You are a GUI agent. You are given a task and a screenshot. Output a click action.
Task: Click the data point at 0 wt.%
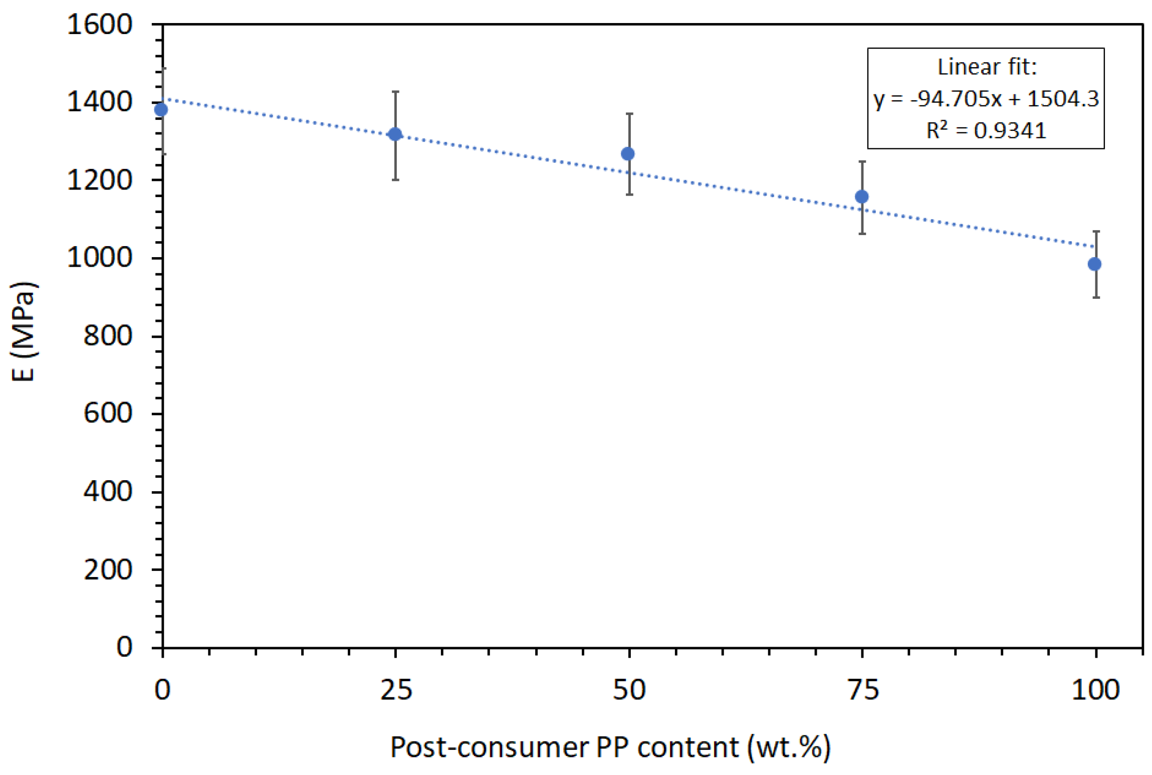point(161,110)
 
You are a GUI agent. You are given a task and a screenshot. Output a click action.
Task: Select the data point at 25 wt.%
point(395,134)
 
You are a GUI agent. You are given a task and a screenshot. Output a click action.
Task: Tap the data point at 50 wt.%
point(627,154)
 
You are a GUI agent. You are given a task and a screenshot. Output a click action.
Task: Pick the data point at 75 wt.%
point(861,197)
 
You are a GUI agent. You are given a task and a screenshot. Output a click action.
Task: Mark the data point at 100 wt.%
point(1094,264)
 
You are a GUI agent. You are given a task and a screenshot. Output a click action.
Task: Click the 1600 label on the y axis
point(99,24)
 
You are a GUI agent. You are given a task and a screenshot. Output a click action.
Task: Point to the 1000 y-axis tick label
point(99,258)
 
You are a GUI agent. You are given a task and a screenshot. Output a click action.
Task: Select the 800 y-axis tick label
point(107,335)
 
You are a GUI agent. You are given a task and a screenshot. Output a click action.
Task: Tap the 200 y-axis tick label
point(107,569)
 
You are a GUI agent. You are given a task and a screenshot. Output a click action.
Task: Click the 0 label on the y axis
point(124,647)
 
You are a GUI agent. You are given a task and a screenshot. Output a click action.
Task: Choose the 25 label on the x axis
point(396,690)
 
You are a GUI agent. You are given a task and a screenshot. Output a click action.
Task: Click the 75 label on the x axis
point(862,690)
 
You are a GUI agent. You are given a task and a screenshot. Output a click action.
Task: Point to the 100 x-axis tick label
point(1095,690)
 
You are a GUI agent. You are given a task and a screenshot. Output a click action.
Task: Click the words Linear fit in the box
point(987,67)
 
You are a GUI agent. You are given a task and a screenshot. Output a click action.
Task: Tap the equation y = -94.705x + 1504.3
point(986,98)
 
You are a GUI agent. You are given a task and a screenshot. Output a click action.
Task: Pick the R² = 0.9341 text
point(986,130)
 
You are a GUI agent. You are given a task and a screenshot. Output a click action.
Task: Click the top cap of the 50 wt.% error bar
point(629,114)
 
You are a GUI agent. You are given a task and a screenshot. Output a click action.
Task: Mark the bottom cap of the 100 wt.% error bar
point(1096,297)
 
